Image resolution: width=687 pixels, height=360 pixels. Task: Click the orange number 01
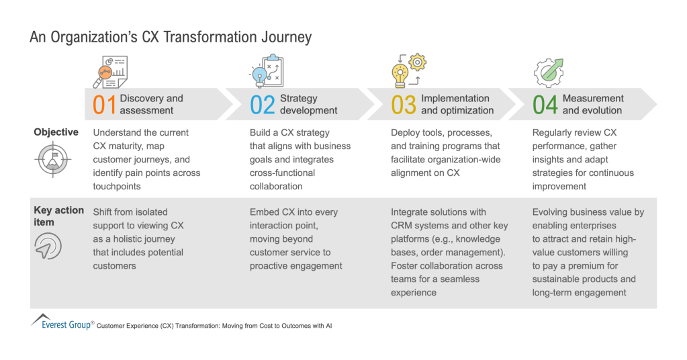click(104, 105)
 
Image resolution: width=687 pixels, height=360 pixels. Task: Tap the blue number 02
click(263, 105)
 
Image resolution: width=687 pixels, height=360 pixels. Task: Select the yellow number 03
click(404, 105)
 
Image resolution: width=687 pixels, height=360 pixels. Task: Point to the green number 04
click(545, 105)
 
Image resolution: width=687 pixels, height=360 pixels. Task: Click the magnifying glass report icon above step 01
click(110, 72)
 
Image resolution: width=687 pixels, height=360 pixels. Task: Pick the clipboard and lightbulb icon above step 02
click(267, 71)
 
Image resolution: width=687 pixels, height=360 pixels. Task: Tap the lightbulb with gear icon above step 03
click(409, 71)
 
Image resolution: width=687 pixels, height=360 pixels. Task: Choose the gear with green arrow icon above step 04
click(549, 73)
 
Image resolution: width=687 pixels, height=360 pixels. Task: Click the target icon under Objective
click(52, 159)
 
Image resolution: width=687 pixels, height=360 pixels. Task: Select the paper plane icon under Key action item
click(48, 246)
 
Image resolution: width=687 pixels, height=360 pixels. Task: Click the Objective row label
click(56, 132)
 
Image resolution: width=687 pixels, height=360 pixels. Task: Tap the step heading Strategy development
click(308, 104)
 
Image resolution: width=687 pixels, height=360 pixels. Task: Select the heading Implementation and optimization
click(457, 104)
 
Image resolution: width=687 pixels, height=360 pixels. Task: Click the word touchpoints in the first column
click(117, 187)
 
